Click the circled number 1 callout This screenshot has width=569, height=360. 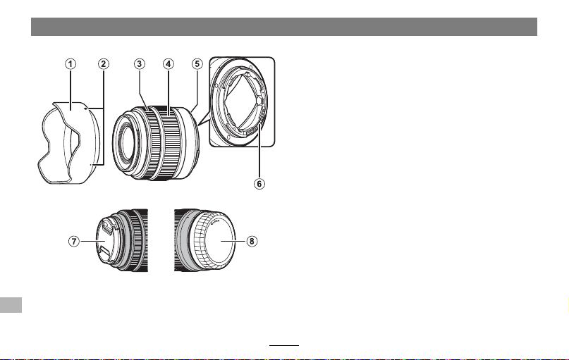point(71,64)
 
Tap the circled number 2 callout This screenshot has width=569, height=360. point(104,64)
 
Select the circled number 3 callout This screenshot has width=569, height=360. point(140,64)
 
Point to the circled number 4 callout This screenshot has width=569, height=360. point(168,64)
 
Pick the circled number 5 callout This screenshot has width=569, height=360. point(197,64)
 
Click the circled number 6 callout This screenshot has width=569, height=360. point(259,184)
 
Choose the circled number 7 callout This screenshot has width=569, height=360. point(74,241)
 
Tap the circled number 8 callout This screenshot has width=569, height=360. point(252,241)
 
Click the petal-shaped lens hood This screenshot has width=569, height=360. point(69,143)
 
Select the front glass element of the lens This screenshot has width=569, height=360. point(126,142)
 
